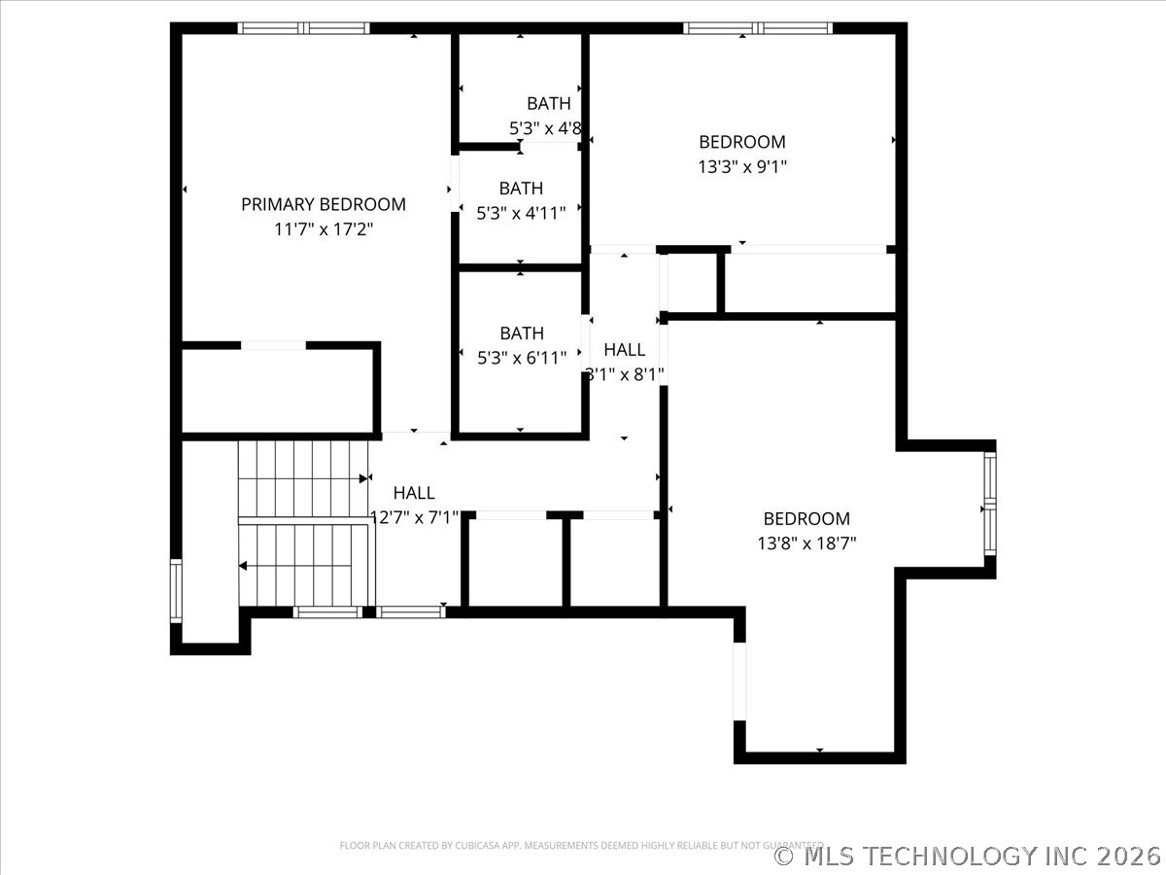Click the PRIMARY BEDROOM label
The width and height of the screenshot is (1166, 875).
tap(324, 204)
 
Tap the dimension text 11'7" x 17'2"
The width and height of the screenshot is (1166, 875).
tap(324, 229)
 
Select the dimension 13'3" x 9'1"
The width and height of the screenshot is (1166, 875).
tap(742, 166)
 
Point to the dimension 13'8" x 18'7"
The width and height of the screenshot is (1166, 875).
tap(806, 543)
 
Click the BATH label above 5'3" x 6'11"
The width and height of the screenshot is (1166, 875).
tap(522, 333)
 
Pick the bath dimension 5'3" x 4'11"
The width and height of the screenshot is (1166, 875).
tap(522, 213)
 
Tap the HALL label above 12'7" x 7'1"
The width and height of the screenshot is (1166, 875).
tap(414, 493)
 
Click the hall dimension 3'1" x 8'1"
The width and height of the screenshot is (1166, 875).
tap(625, 374)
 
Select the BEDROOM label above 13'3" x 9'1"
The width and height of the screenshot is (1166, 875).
tap(742, 142)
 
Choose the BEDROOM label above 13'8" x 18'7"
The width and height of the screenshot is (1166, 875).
tap(806, 519)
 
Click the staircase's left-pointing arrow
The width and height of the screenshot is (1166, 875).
tap(243, 565)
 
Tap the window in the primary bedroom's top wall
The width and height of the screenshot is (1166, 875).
tap(303, 28)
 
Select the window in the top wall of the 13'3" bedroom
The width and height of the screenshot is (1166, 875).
tap(758, 28)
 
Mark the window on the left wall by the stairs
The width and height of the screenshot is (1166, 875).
tap(176, 591)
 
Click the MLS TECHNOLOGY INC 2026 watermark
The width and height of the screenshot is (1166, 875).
tap(968, 856)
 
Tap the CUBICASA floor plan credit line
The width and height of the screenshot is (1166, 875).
tap(581, 845)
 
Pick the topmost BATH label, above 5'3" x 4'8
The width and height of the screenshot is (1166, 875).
tap(549, 103)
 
